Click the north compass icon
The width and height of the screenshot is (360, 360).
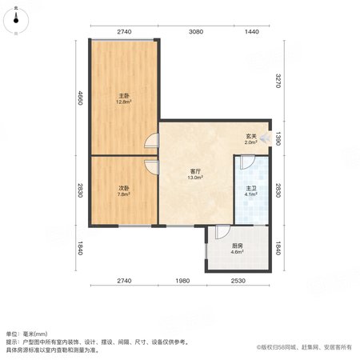[x=16, y=20]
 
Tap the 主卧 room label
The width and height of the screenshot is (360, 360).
[x=124, y=96]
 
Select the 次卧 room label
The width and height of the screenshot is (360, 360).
[x=124, y=188]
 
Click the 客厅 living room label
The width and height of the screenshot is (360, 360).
[x=195, y=171]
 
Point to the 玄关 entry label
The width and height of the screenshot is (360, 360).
[x=251, y=136]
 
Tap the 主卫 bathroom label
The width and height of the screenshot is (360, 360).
[x=251, y=188]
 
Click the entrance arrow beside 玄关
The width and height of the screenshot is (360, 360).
[x=265, y=138]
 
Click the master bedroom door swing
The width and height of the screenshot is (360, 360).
[x=151, y=140]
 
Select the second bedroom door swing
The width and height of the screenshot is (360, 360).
[x=151, y=167]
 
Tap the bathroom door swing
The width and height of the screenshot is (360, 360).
[x=247, y=162]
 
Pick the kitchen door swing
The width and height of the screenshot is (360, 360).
[x=223, y=232]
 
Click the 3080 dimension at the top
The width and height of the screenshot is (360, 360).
[x=196, y=32]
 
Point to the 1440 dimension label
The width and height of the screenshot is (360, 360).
[x=252, y=32]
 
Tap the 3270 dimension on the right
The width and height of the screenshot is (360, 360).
[x=278, y=81]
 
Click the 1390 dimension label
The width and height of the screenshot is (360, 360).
[x=278, y=138]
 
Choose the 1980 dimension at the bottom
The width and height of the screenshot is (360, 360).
[x=182, y=281]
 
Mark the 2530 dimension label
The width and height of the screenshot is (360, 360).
[x=238, y=281]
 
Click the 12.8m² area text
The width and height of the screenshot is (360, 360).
[x=124, y=102]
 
